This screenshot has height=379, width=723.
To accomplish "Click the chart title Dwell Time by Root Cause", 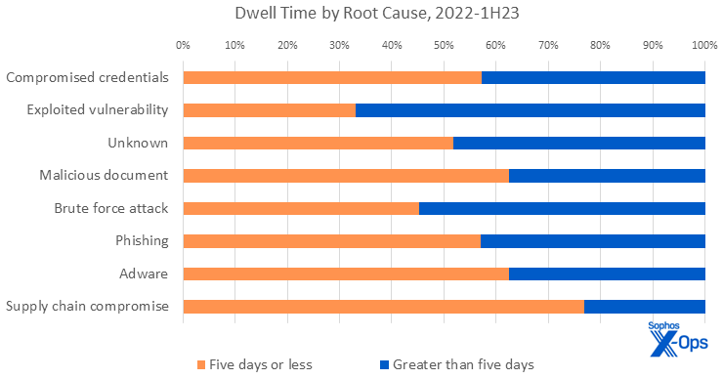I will pyautogui.click(x=361, y=15).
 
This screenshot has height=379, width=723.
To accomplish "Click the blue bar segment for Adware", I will pyautogui.click(x=607, y=274).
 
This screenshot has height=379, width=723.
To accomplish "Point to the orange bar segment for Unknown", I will pyautogui.click(x=318, y=143).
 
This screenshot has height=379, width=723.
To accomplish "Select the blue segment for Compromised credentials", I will pyautogui.click(x=593, y=77).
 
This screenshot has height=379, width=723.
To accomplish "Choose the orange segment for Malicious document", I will pyautogui.click(x=346, y=176).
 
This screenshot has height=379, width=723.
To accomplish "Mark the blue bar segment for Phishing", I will pyautogui.click(x=592, y=240).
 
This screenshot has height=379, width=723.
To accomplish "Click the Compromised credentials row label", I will pyautogui.click(x=87, y=77).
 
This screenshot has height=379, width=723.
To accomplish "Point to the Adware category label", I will pyautogui.click(x=146, y=274).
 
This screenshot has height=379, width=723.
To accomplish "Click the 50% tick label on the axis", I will pyautogui.click(x=444, y=44).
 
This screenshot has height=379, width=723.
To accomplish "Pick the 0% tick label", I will pyautogui.click(x=183, y=44).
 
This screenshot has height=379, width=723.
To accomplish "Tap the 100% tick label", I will pyautogui.click(x=704, y=44).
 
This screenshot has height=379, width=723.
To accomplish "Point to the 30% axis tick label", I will pyautogui.click(x=339, y=44).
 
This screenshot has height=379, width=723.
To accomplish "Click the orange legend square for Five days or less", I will pyautogui.click(x=202, y=364).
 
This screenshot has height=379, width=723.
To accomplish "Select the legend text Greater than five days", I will pyautogui.click(x=463, y=364).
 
